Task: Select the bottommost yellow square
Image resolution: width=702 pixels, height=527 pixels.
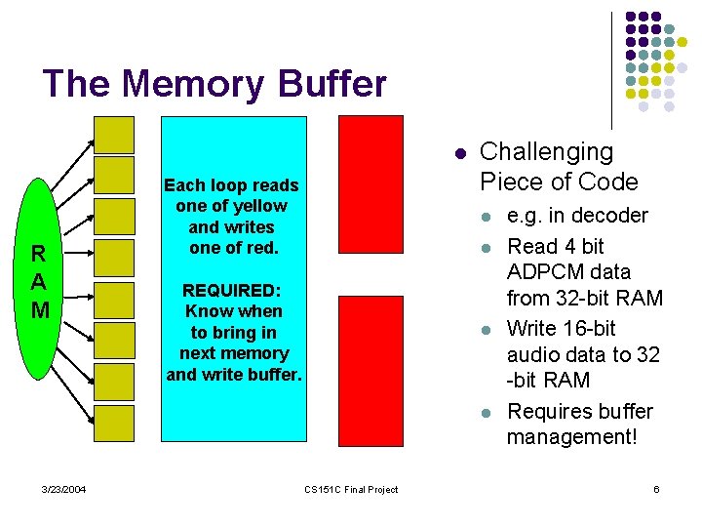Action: pos(114,423)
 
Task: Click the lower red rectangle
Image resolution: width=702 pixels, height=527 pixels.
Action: pos(370,368)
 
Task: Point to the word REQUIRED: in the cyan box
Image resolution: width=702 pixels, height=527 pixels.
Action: pos(232,291)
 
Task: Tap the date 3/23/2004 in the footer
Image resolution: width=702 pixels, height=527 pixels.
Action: pos(63,489)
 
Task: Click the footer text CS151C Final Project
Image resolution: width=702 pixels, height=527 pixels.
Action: pos(351,489)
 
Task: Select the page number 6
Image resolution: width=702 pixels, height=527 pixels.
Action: pos(656,489)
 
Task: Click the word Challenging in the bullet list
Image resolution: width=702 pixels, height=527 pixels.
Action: pos(547,152)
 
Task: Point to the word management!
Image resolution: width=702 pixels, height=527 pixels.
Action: pos(571,438)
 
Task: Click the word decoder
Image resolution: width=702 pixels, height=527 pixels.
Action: pos(610,216)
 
